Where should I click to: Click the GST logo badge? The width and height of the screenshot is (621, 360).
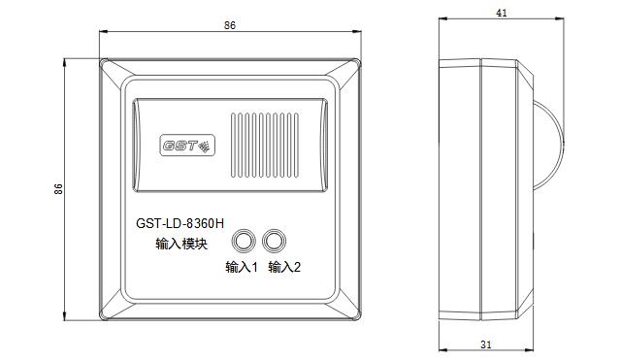click(x=187, y=146)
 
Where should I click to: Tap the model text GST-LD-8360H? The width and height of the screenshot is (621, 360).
click(x=180, y=224)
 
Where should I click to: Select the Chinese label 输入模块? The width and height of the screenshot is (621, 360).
click(x=181, y=244)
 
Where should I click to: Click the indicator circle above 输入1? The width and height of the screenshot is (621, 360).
click(x=243, y=241)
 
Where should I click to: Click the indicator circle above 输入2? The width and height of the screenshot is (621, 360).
click(x=274, y=241)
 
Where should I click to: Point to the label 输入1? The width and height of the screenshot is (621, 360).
click(x=242, y=267)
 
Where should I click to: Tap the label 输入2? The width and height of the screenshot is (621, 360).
click(x=284, y=267)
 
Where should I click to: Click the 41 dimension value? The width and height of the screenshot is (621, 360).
click(x=502, y=13)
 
